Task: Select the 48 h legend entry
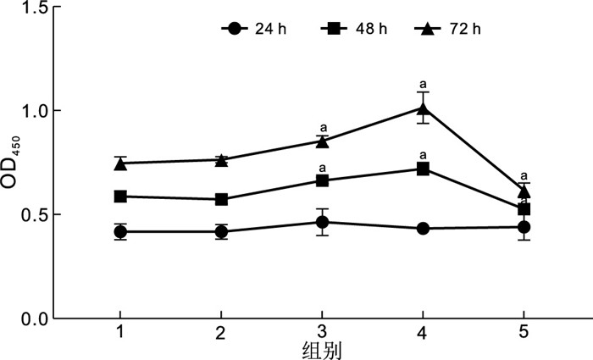[x=355, y=29]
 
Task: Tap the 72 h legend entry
[x=450, y=29]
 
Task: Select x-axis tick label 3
[x=322, y=333]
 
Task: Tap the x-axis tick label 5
[x=524, y=333]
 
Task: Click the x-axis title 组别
[x=322, y=350]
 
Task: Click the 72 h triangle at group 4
[x=423, y=108]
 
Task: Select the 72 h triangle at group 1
[x=120, y=163]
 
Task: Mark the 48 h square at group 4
[x=423, y=169]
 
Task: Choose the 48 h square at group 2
[x=221, y=199]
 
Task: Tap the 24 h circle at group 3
[x=322, y=222]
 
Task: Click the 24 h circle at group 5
[x=524, y=227]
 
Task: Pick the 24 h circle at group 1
[x=120, y=231]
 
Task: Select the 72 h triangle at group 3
[x=322, y=141]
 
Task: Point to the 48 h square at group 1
[x=120, y=197]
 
